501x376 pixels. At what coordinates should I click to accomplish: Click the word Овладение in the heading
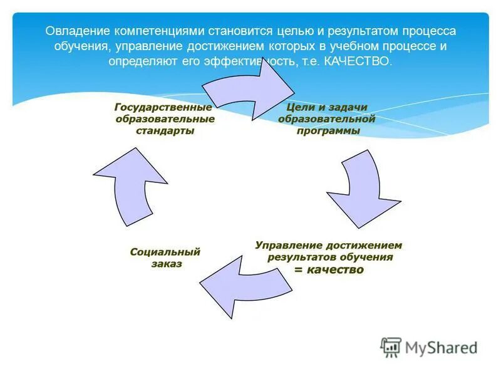(77, 31)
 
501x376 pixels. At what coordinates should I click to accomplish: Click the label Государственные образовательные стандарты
(165, 119)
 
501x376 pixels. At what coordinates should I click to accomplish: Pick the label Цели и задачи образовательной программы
(326, 119)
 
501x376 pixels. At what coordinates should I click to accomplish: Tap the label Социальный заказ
(165, 258)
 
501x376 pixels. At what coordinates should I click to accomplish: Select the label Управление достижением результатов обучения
(329, 251)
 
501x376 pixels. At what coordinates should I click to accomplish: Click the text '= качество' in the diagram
(329, 269)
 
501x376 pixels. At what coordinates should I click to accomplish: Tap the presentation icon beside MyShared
(391, 347)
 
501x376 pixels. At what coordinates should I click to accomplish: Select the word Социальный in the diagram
(165, 252)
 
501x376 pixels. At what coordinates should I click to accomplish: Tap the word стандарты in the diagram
(165, 130)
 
